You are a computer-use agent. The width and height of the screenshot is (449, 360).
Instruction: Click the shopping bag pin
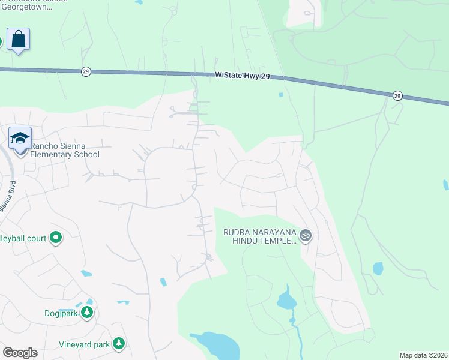19,40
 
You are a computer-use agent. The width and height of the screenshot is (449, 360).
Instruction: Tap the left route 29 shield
86,71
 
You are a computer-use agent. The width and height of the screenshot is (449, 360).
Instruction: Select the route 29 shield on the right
397,95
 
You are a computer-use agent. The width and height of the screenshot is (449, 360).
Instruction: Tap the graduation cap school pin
20,139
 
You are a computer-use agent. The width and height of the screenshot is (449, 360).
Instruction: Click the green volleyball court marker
56,238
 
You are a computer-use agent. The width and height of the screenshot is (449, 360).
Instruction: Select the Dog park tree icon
88,313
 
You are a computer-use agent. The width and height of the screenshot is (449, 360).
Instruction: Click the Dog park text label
61,313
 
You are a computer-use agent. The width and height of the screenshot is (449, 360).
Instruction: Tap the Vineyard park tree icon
119,344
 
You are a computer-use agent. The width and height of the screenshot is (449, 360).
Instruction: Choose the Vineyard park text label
84,344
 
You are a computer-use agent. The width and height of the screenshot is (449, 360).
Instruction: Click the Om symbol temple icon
306,235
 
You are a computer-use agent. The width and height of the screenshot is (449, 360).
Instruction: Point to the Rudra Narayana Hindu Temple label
260,236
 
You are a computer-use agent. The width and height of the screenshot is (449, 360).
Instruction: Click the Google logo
20,353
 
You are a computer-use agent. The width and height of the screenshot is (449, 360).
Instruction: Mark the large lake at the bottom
218,345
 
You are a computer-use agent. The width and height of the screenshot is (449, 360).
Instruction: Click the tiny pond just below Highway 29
280,94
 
